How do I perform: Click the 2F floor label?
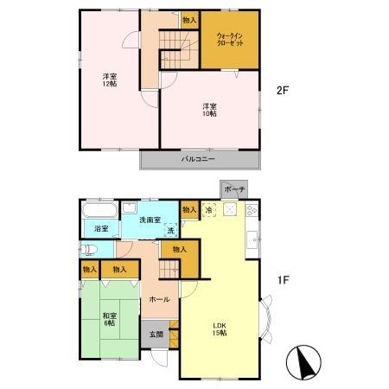(283, 91)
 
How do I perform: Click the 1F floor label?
(283, 280)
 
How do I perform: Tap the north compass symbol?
(303, 362)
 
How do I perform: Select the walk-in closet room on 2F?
(230, 40)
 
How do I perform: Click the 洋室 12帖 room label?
(110, 80)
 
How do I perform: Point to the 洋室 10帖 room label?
(209, 110)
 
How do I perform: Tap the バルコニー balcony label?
(198, 159)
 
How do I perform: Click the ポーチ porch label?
(234, 189)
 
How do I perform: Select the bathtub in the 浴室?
(100, 210)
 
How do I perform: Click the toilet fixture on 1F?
(88, 250)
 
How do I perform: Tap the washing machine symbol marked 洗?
(171, 230)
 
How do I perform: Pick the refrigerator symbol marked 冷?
(209, 210)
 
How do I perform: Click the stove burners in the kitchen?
(252, 210)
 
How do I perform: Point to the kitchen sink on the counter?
(252, 240)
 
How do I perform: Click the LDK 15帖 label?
(220, 329)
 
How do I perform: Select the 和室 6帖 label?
(110, 320)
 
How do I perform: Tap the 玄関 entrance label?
(156, 335)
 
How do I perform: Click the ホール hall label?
(159, 300)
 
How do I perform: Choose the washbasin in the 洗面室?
(129, 207)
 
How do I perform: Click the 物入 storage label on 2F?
(189, 20)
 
